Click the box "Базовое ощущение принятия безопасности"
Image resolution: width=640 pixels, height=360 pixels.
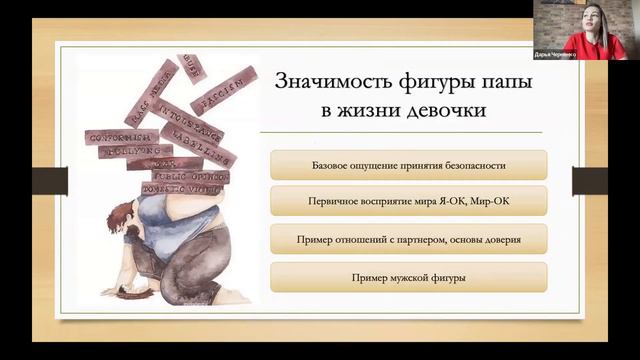408,164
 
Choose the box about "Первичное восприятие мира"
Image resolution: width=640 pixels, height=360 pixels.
408,201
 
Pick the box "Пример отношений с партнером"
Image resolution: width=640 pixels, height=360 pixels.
408,239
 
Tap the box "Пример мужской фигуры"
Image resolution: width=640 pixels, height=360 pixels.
408,277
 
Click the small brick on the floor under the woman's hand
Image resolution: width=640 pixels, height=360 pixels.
128,291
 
